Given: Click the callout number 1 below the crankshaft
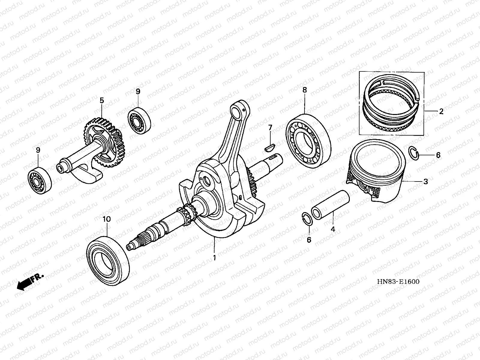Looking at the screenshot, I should point(214,257).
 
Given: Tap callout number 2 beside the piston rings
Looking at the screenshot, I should point(441,112).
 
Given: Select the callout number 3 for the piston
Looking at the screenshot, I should point(425,181).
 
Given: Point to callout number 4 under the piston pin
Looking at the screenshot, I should point(333,229).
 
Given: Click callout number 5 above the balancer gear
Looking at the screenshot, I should point(102,100).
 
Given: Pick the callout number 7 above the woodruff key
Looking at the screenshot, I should point(270,128).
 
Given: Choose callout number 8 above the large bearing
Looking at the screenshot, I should point(304,89).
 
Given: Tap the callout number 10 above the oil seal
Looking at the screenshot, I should point(106,219).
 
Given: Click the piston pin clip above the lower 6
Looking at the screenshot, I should point(307,218).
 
